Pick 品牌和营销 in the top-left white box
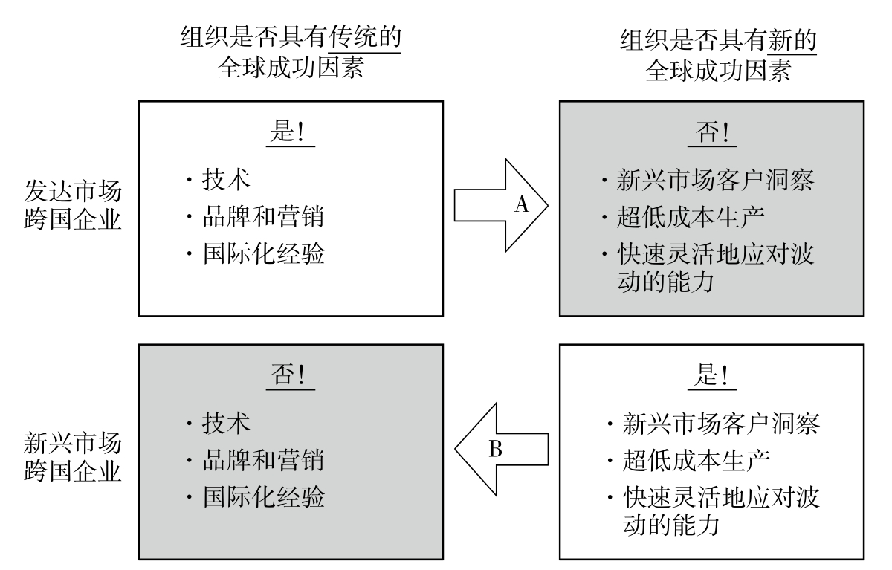click(x=264, y=217)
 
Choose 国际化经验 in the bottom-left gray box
click(x=264, y=496)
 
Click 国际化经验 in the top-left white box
click(x=264, y=254)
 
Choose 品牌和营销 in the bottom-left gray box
click(x=264, y=461)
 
